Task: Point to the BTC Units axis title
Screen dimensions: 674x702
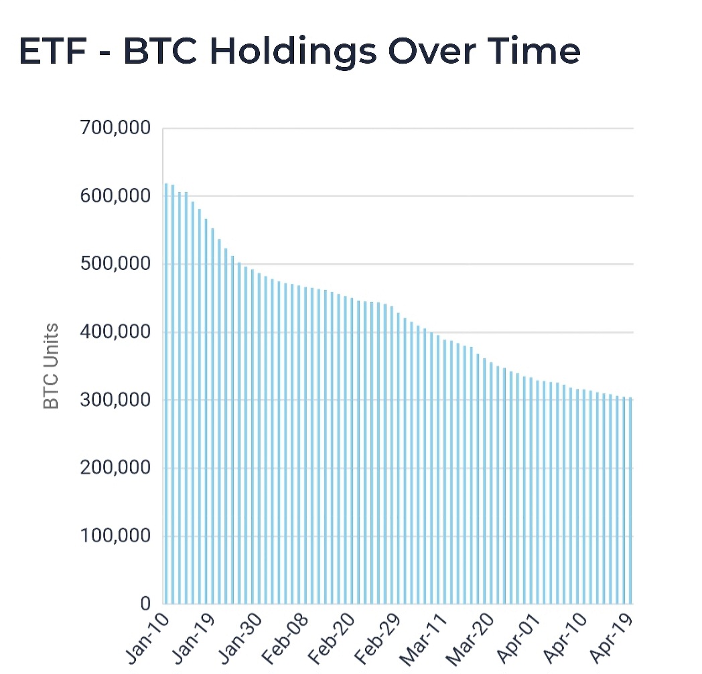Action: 51,366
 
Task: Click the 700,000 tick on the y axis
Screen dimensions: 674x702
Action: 115,128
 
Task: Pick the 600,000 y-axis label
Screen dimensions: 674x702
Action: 115,196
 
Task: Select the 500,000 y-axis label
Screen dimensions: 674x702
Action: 115,264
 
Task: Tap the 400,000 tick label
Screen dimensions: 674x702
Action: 115,332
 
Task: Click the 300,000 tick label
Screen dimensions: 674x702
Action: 115,400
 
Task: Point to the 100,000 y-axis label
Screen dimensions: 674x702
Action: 115,536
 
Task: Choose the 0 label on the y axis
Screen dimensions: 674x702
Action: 145,604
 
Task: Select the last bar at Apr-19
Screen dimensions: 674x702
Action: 630,502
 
